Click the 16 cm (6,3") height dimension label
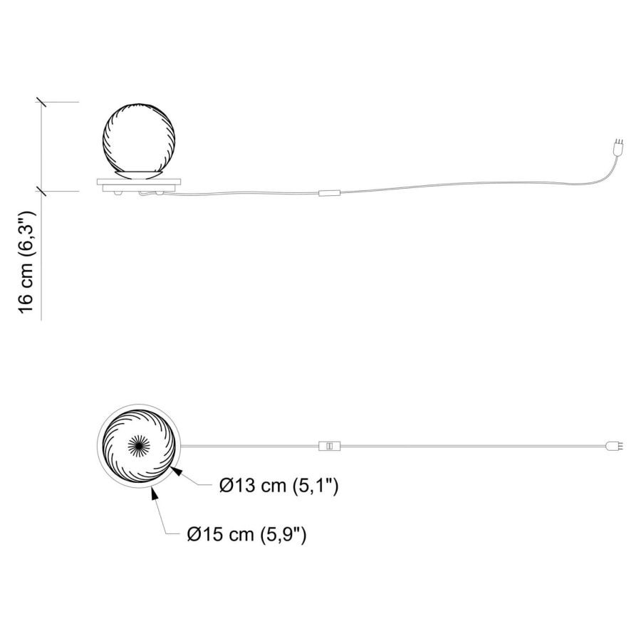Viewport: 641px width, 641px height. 26,262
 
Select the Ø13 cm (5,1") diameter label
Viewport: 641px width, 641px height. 278,486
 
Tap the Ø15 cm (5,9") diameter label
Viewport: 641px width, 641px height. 246,534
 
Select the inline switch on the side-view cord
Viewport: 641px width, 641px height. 329,193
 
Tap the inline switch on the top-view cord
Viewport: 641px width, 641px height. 329,446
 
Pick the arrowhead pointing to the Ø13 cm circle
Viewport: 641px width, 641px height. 176,471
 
